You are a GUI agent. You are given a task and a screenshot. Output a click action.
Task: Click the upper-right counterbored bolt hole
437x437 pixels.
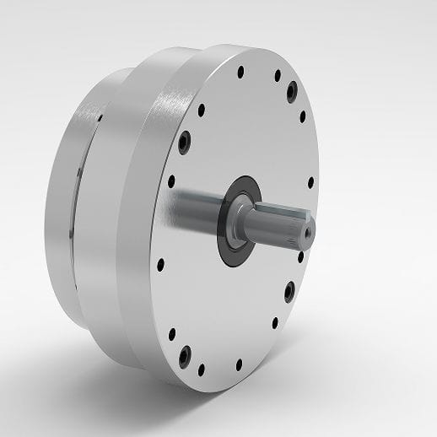coord(292,89)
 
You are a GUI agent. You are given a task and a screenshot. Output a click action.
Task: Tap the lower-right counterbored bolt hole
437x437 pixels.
coord(289,291)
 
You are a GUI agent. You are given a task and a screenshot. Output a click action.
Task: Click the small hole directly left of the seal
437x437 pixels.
coord(171,181)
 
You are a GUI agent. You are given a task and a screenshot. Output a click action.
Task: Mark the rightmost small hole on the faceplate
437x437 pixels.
coord(310,181)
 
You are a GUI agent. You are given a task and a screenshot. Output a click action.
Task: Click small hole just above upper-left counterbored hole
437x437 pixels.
coord(200,107)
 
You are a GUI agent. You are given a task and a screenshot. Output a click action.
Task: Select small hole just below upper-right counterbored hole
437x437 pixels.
coord(301,117)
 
